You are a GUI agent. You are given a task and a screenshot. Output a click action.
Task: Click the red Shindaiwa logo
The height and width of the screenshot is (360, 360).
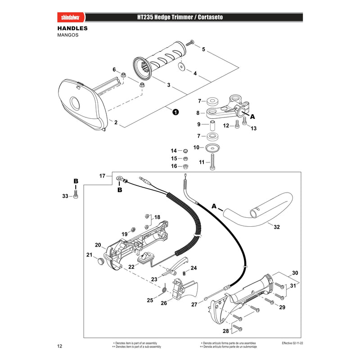tap(71, 18)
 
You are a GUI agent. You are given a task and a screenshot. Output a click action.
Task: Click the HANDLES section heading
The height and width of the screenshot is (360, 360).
tap(72, 28)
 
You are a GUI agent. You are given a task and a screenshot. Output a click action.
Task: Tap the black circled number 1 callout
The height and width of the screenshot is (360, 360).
tap(175, 112)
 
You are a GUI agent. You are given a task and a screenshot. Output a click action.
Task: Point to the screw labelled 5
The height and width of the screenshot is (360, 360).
tap(189, 43)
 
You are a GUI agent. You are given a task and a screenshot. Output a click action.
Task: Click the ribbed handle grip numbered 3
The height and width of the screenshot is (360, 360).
tap(160, 61)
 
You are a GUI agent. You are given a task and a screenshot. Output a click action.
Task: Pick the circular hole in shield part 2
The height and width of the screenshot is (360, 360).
tap(75, 103)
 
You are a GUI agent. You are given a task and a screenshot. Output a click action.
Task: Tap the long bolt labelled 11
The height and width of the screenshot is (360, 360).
tap(212, 162)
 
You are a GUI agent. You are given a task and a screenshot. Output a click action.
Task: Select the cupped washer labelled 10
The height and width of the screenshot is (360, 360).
tap(212, 148)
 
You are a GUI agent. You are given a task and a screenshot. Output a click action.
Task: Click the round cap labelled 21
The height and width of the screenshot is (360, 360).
tap(100, 261)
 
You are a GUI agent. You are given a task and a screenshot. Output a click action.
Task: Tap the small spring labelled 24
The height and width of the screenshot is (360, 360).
tap(184, 273)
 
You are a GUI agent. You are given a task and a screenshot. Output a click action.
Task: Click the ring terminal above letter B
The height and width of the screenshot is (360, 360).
tap(119, 178)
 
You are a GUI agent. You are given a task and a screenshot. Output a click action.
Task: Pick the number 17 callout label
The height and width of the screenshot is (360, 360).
tap(102, 176)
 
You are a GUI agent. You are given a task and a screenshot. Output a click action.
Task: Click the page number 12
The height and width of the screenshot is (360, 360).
tap(60, 346)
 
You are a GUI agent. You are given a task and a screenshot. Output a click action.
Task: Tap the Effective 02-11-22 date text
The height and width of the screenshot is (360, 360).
tap(292, 343)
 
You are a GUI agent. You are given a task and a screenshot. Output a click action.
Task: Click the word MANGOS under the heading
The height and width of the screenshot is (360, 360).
tap(68, 35)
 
